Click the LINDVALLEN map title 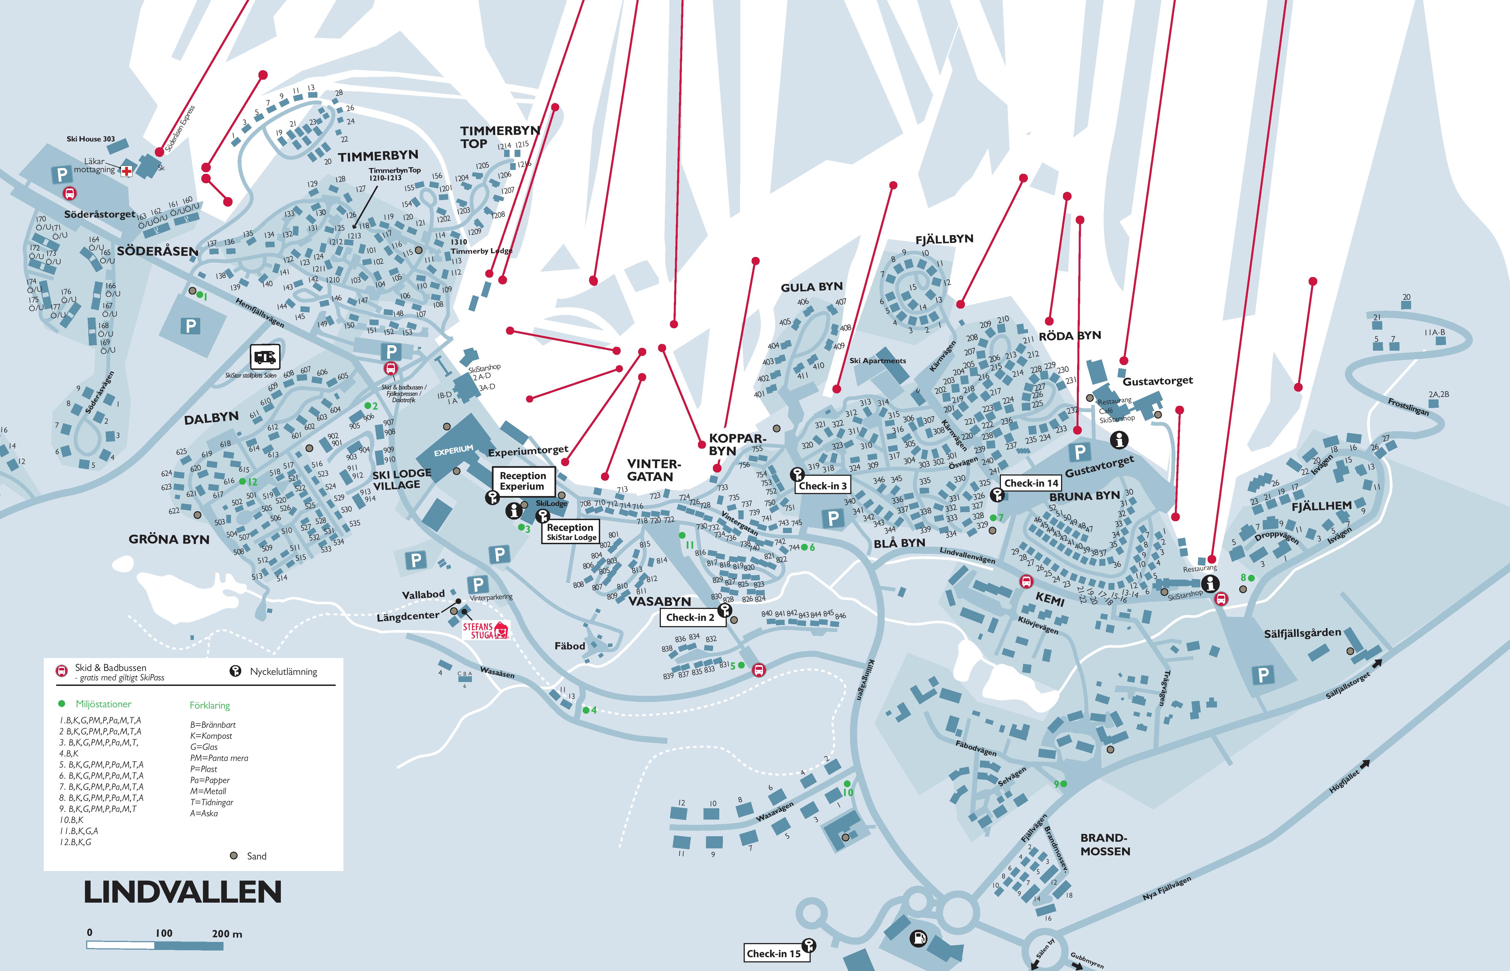[183, 892]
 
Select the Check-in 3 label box [823, 485]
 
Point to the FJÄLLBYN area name [944, 239]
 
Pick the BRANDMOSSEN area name [1105, 844]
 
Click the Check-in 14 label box [1031, 483]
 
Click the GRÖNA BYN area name [169, 539]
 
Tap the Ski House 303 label [91, 139]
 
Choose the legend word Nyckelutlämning [283, 672]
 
